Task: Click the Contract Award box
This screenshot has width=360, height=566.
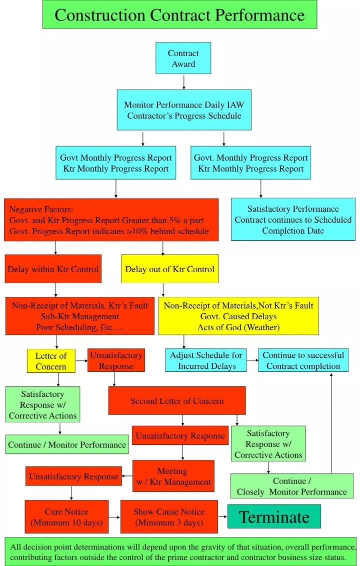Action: pos(183,59)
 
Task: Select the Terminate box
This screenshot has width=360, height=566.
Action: pos(274,516)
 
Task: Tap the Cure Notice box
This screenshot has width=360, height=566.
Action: pos(66,517)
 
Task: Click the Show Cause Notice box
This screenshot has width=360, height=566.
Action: pos(169,517)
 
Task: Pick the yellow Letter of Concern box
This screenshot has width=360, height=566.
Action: pos(51,361)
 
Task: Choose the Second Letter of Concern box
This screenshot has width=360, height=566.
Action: pos(177,400)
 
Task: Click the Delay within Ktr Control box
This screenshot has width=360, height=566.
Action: pos(53,269)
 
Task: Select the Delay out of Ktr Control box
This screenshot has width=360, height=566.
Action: pos(169,269)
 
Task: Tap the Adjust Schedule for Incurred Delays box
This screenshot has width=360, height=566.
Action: pos(206,360)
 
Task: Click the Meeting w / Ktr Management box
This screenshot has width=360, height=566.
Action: pos(173,476)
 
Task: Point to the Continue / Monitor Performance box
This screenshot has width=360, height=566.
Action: pos(67,444)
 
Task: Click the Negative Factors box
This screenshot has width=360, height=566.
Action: pos(111,220)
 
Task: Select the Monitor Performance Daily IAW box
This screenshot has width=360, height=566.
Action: pos(184,110)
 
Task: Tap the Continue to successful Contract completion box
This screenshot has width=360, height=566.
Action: pos(303,360)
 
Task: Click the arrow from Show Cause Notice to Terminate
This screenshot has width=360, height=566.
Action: pos(222,516)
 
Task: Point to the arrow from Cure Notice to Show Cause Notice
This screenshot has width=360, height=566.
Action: pos(114,516)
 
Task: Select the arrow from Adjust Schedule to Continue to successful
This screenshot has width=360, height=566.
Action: pos(252,360)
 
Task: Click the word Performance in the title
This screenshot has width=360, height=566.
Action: pos(260,15)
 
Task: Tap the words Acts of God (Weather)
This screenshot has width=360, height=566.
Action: pos(238,327)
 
